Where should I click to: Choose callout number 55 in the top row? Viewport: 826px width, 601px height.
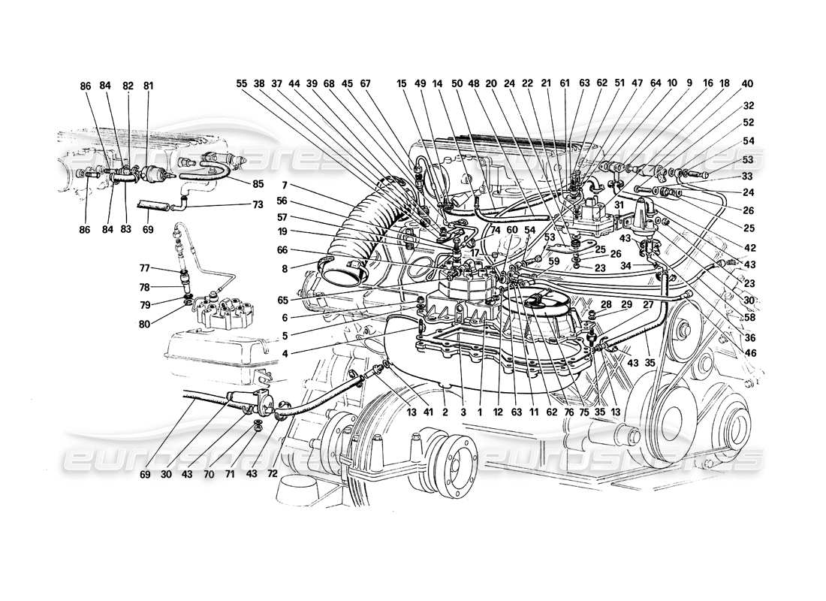(240, 84)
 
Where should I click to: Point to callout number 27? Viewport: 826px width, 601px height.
(647, 304)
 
